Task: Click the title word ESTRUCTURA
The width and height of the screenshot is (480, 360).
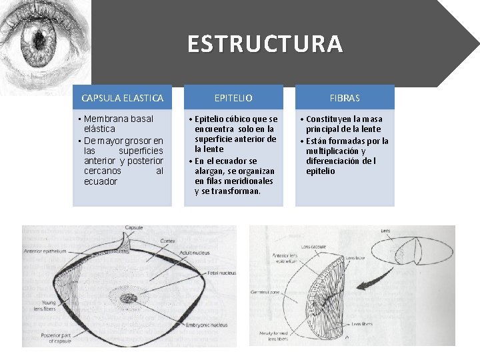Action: [265, 44]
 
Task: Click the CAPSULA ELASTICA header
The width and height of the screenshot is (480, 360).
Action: [122, 98]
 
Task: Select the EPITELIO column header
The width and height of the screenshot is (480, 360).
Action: [233, 98]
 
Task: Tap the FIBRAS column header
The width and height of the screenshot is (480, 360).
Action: [345, 98]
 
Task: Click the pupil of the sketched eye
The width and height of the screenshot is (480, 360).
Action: [39, 35]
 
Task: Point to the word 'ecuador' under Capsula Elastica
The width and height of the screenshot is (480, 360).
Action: [101, 181]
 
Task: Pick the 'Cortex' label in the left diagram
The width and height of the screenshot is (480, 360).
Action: [168, 240]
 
